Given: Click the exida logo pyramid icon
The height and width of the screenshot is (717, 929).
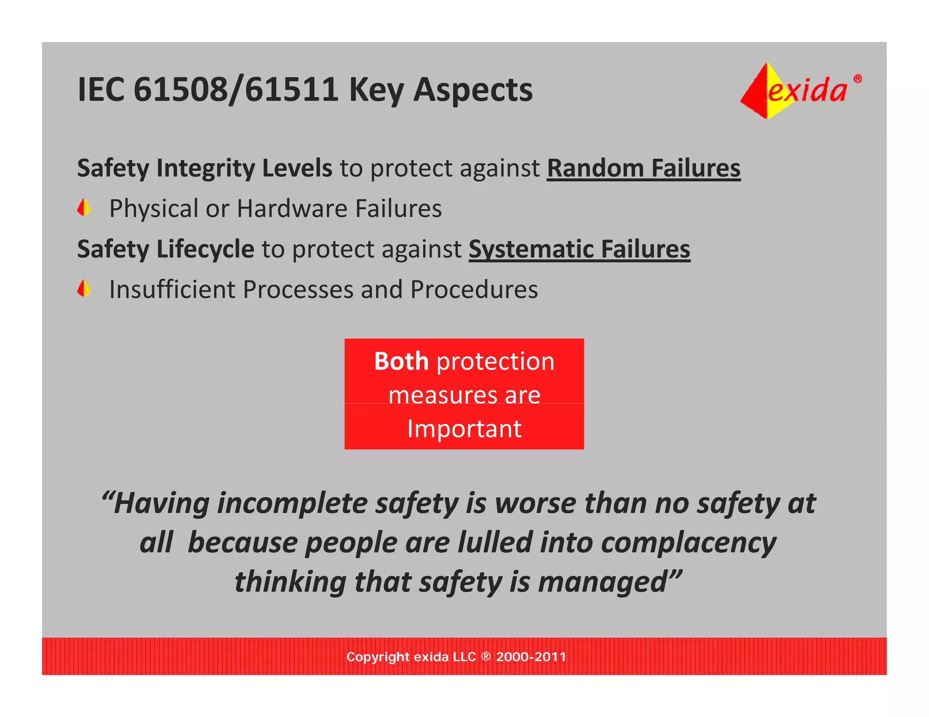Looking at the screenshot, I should click(x=762, y=91).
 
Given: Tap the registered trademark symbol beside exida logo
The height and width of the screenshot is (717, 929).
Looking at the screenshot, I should click(x=857, y=79).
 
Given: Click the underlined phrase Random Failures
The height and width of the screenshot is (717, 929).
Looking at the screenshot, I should click(x=643, y=168).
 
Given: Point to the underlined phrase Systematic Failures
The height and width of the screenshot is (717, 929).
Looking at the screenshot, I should click(x=579, y=249).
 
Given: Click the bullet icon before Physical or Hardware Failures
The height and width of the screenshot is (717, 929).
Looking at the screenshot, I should click(x=84, y=208).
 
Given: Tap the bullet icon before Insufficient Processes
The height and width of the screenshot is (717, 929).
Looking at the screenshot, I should click(x=84, y=289).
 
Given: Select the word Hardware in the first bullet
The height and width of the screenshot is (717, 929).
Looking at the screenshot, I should click(x=292, y=208).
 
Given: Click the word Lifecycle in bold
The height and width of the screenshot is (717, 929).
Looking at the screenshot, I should click(x=205, y=249).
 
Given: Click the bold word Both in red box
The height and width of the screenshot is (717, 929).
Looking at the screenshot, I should click(x=401, y=361).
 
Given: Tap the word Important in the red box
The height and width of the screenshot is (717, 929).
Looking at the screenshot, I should click(x=464, y=429).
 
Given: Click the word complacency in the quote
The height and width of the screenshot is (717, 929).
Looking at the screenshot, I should click(x=688, y=543).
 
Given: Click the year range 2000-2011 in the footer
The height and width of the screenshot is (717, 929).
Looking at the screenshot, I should click(x=531, y=657).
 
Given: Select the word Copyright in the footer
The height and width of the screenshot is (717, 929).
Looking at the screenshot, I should click(x=377, y=657).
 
